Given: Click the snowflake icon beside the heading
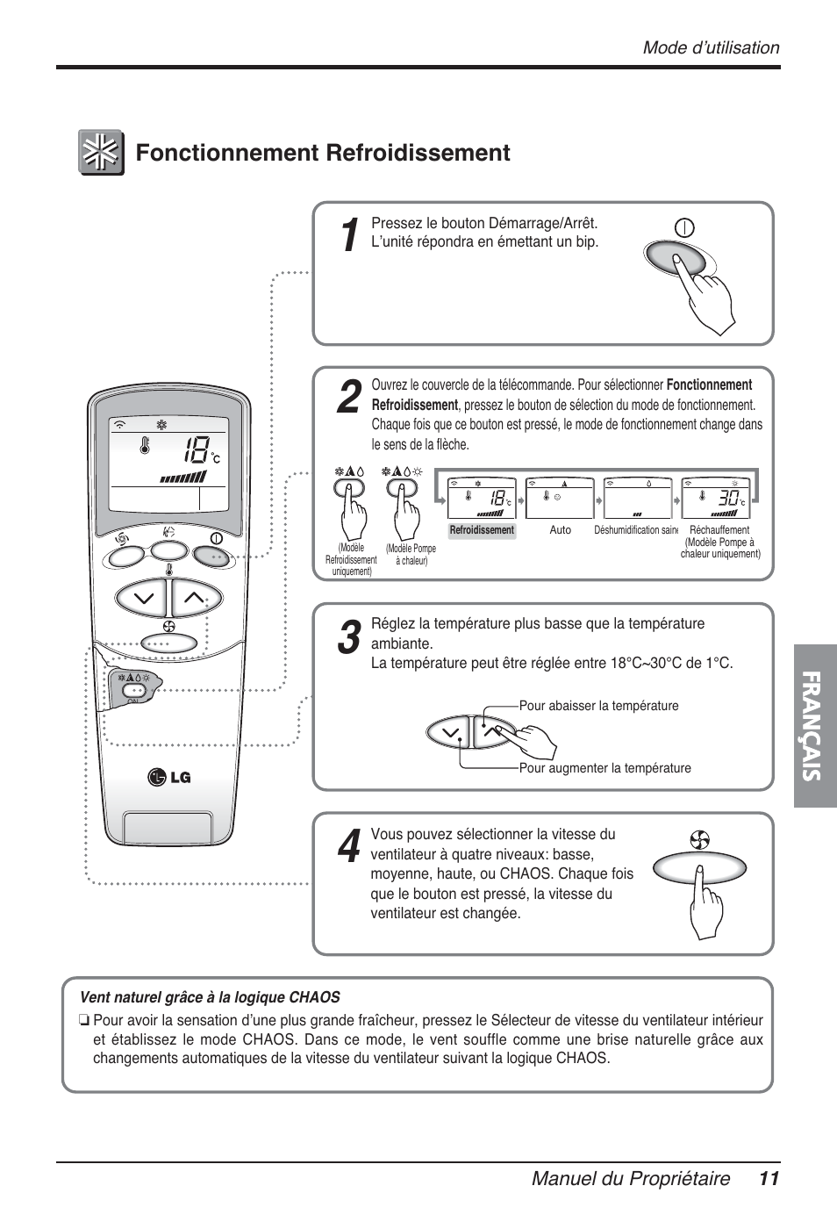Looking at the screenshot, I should pyautogui.click(x=101, y=153).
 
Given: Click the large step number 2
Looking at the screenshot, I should pyautogui.click(x=348, y=399).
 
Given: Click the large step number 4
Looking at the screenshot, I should pyautogui.click(x=348, y=845).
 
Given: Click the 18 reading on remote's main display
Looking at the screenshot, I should pyautogui.click(x=196, y=453).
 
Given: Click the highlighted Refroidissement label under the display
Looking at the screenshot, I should pyautogui.click(x=482, y=530).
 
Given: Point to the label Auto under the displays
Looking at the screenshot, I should pyautogui.click(x=560, y=530).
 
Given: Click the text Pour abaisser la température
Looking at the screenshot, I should pyautogui.click(x=598, y=706).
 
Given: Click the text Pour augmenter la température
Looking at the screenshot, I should pyautogui.click(x=604, y=768).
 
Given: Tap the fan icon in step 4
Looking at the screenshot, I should pyautogui.click(x=699, y=839).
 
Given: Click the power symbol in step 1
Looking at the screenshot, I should pyautogui.click(x=684, y=229).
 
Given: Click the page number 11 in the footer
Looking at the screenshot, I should pyautogui.click(x=769, y=1179).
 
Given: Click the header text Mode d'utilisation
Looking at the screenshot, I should pyautogui.click(x=711, y=48).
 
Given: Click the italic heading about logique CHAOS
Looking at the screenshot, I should pyautogui.click(x=210, y=997).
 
